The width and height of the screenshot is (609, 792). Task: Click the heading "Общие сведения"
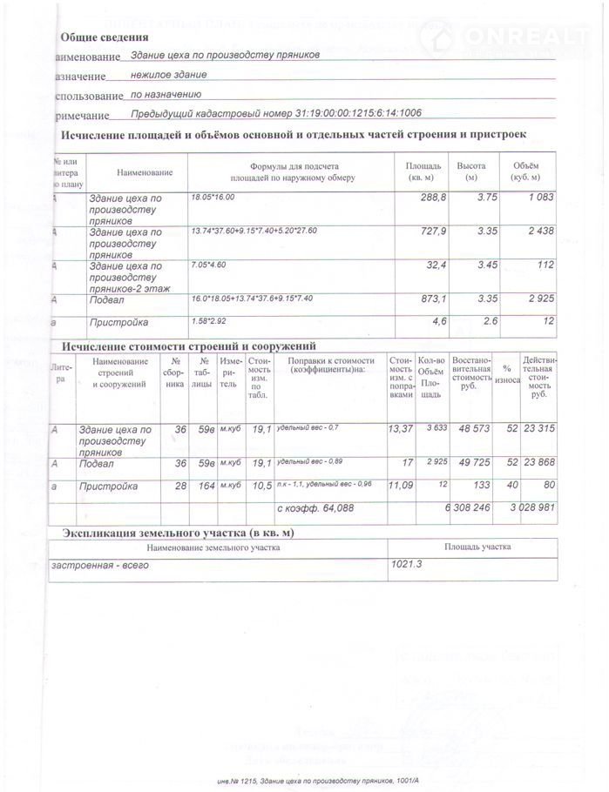(x=104, y=37)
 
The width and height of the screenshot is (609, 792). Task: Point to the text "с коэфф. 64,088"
(x=315, y=507)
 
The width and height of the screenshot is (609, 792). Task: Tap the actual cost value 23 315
(x=537, y=428)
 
